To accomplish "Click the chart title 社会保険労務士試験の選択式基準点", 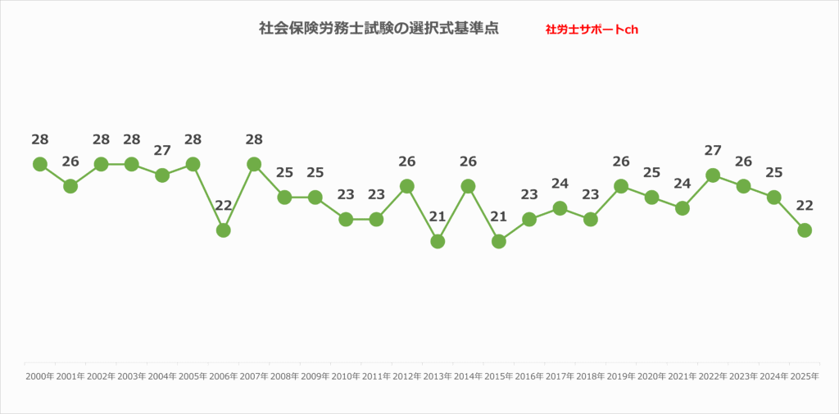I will click(379, 29).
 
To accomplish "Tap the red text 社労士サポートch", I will click(592, 30).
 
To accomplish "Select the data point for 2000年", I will click(39, 164).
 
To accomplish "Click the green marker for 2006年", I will click(223, 230).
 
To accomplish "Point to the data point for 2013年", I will click(438, 241).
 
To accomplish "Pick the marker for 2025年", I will click(805, 230).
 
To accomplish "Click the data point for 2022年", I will click(713, 175).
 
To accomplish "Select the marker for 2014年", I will click(468, 186).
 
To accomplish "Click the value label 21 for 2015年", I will click(498, 216).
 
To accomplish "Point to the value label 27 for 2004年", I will click(162, 151).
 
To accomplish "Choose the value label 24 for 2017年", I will click(560, 184).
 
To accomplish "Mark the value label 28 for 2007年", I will click(254, 139).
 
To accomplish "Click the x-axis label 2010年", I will click(346, 376).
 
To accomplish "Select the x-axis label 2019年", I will click(621, 376).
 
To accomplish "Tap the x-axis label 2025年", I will click(805, 376).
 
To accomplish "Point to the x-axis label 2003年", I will click(131, 376).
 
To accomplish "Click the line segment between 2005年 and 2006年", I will click(208, 198).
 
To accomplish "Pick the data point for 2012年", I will click(406, 186).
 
